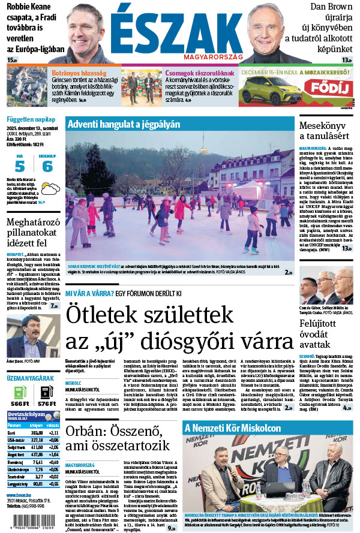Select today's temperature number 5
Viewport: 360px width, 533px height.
20,167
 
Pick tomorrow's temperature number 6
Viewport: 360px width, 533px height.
47,167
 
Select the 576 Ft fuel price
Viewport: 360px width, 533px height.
47,405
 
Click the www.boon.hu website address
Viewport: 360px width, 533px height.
19,495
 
